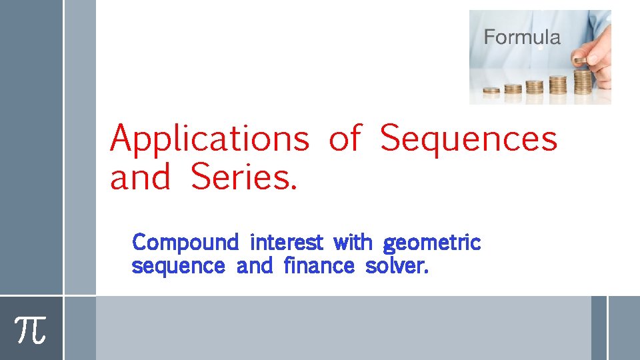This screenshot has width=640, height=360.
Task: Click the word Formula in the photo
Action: click(x=522, y=37)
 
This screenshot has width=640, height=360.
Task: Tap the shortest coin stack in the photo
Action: click(x=491, y=90)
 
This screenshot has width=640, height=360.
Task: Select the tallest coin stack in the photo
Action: click(x=583, y=81)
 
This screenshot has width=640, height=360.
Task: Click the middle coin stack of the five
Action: click(x=535, y=87)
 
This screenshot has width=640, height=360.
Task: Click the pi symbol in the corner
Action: click(x=31, y=329)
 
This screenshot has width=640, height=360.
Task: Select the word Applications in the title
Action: click(x=210, y=140)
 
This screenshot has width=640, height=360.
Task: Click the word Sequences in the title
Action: click(x=469, y=139)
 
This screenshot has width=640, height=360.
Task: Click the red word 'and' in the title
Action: click(x=140, y=177)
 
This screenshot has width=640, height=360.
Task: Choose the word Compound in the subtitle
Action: click(x=185, y=242)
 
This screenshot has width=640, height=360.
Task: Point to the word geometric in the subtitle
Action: click(x=432, y=243)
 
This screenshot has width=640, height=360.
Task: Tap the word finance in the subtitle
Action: click(x=319, y=266)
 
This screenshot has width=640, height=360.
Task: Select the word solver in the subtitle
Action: click(x=397, y=266)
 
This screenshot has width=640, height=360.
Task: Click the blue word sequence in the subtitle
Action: click(x=178, y=267)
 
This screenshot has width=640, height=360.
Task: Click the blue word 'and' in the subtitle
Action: click(x=255, y=266)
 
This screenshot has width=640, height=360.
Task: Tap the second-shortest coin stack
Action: click(x=513, y=88)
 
